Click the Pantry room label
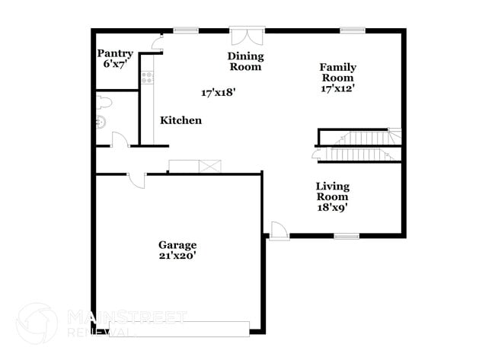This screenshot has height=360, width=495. tap(115, 53)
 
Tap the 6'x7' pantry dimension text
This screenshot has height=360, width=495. tap(115, 64)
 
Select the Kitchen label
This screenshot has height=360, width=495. tap(181, 120)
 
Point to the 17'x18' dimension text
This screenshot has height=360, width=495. tap(219, 92)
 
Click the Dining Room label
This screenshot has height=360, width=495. tap(246, 61)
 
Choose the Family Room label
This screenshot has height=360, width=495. tap(338, 72)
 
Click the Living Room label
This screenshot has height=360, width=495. tap(333, 191)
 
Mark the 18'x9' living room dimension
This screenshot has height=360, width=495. tap(333, 207)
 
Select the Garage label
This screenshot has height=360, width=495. tap(177, 245)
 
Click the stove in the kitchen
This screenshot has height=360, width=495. tap(147, 78)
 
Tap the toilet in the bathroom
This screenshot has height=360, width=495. tap(104, 102)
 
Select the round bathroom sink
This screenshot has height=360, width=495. tap(101, 122)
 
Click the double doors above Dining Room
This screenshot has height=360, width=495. tap(247, 36)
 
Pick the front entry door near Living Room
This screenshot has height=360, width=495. tap(279, 231)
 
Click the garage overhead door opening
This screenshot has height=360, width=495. tap(179, 329)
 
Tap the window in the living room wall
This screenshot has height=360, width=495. tap(346, 236)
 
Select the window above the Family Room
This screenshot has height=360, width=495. tap(353, 30)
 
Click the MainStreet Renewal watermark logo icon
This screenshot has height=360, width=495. tap(37, 323)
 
